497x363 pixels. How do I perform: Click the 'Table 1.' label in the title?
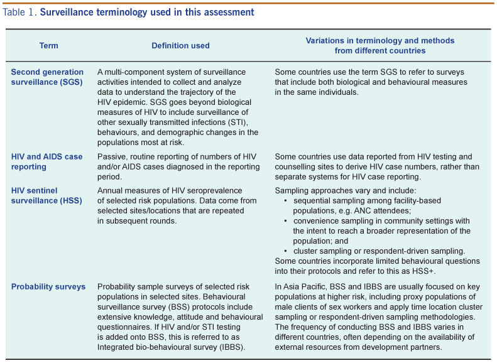(19, 12)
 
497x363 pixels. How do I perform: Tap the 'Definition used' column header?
(180, 45)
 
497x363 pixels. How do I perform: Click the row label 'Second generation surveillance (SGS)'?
(47, 77)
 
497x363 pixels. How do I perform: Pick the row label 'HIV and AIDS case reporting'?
(46, 161)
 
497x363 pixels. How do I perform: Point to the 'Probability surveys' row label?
(48, 287)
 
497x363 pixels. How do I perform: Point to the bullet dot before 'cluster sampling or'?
(286, 250)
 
